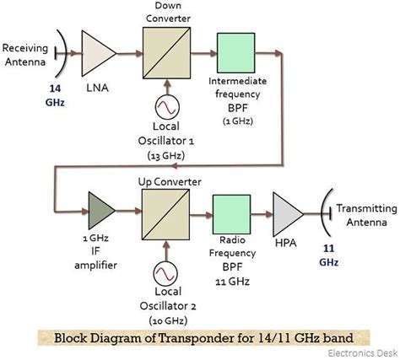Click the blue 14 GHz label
coord(31,94)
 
